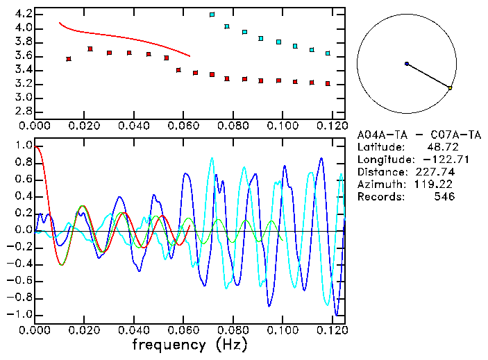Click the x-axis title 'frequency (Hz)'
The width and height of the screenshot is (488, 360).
coord(190,344)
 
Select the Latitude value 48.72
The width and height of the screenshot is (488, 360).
coord(441,146)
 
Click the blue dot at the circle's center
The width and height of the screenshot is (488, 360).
coord(407,64)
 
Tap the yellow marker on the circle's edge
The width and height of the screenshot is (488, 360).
coord(451,88)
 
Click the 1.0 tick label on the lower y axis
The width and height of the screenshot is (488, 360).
coord(23,146)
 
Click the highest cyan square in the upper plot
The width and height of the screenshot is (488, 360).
coord(212,14)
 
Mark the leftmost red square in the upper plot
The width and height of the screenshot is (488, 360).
coord(69,59)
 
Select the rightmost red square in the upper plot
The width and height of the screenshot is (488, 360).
coord(328,83)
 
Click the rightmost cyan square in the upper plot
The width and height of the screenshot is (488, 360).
coord(328,53)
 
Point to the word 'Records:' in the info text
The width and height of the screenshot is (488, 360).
coord(379,196)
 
